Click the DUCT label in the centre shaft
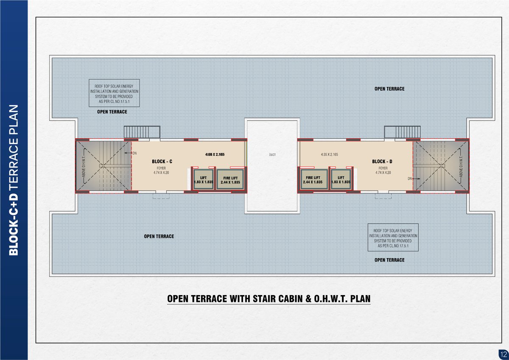pos(272,155)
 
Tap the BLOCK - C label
pos(162,162)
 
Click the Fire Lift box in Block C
pos(230,179)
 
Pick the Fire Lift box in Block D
pos(313,179)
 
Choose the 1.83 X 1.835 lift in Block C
pos(203,179)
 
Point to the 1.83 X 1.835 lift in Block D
pos(341,179)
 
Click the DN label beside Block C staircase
pos(134,153)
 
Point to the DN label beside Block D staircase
pos(410,179)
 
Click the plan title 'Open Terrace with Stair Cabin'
pos(269,299)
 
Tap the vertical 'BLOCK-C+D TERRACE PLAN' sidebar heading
pos(14,180)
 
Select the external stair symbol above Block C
pos(142,131)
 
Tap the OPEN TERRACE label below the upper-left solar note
pos(112,112)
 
